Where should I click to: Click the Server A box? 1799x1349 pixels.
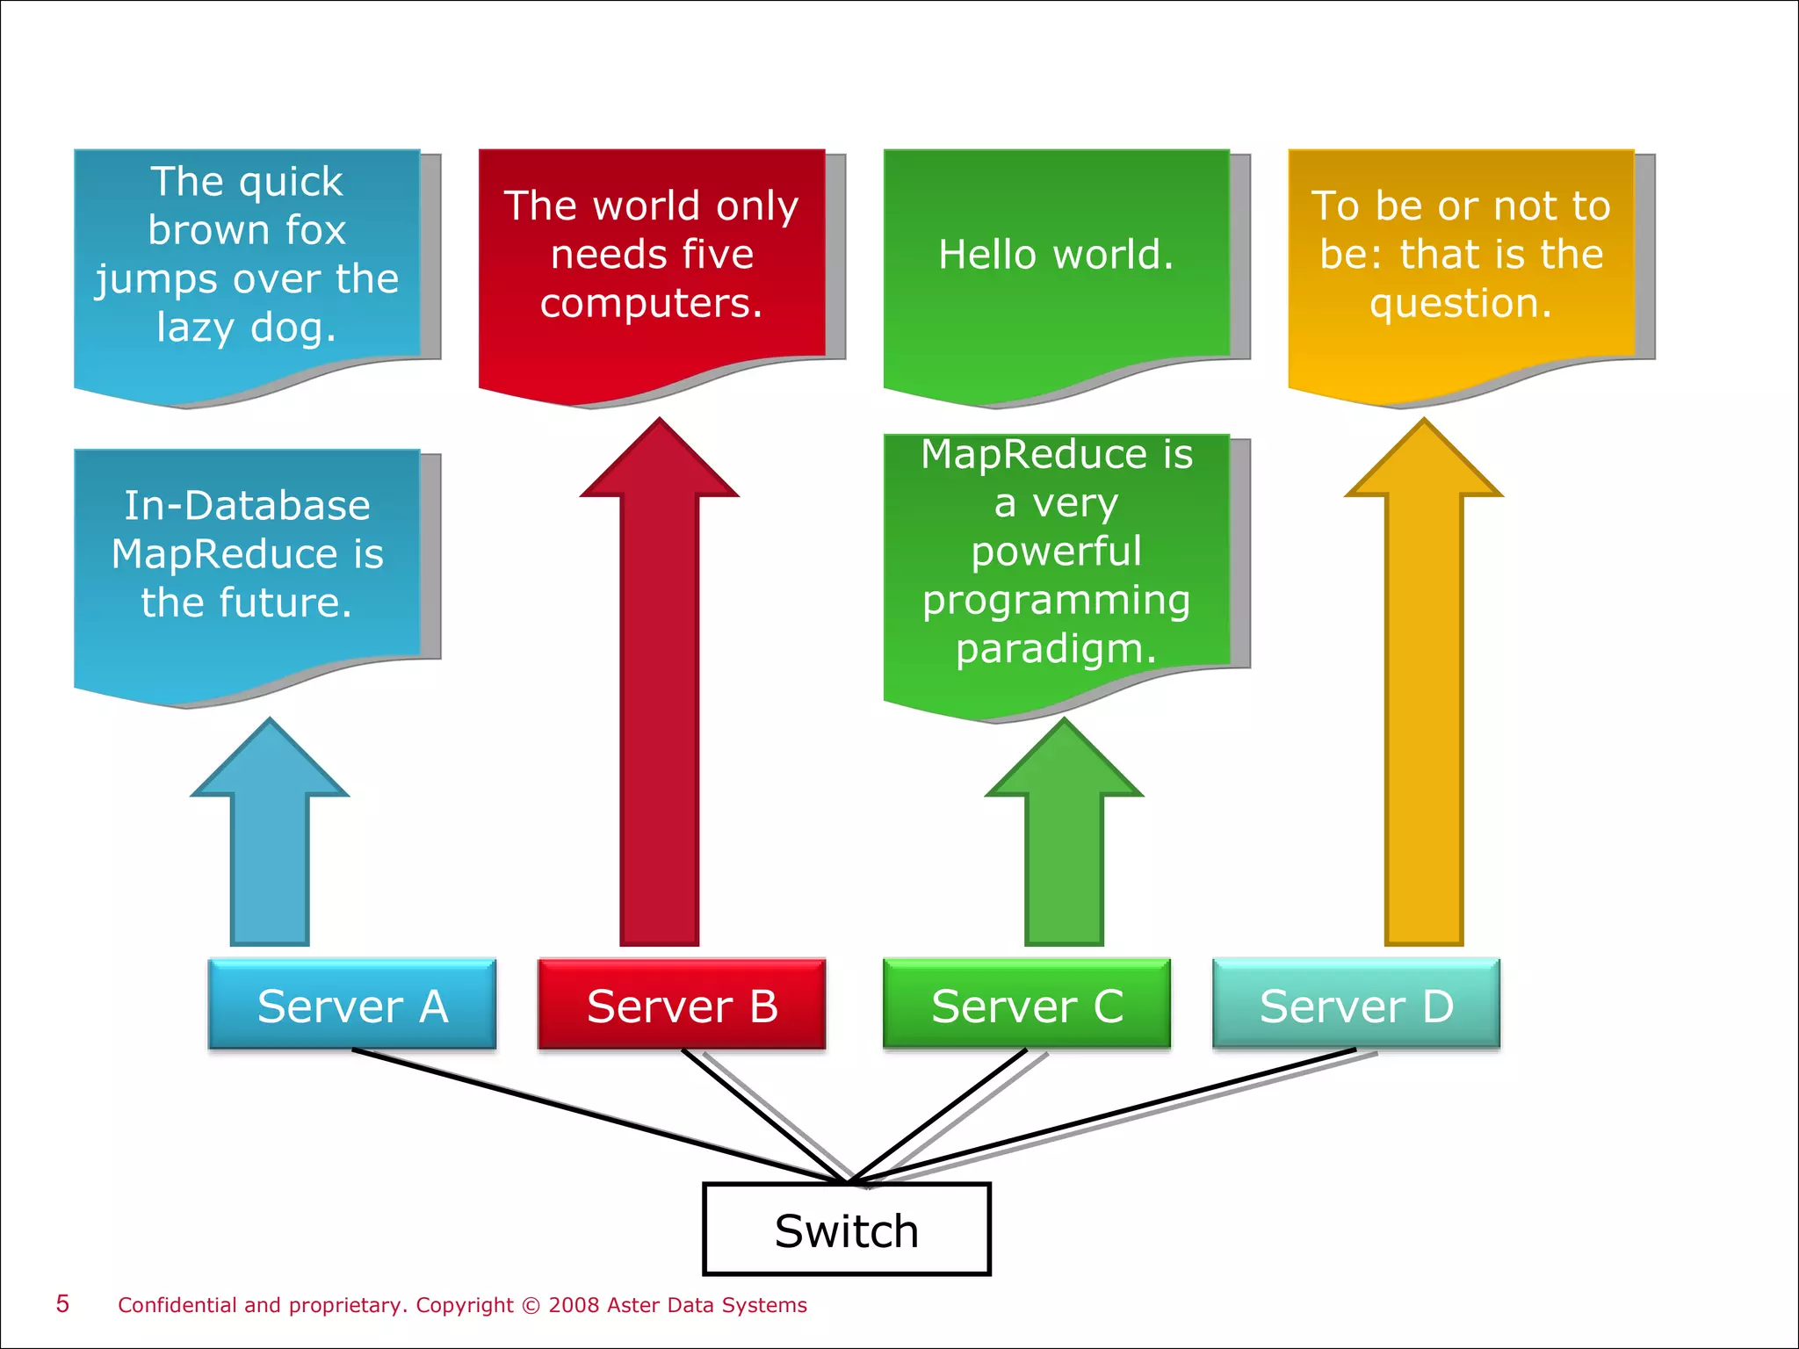click(352, 1005)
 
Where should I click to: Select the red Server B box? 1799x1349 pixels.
click(682, 1005)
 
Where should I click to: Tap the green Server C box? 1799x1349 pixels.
click(1027, 1005)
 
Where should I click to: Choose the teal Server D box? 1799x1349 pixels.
click(1356, 1005)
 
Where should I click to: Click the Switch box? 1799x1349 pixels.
click(846, 1230)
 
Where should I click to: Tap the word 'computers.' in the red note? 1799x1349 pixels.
click(651, 303)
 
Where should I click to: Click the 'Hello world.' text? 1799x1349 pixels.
click(1056, 255)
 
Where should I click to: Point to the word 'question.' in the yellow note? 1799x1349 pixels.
click(1461, 303)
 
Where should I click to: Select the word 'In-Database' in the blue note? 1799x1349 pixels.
click(247, 506)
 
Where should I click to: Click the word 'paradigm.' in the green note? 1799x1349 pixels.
click(1056, 649)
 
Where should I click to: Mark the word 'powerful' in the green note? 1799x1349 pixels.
click(1056, 552)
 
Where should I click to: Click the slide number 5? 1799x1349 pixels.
click(62, 1303)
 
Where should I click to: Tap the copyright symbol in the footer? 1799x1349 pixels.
click(531, 1305)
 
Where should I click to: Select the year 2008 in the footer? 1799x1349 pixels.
click(574, 1305)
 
